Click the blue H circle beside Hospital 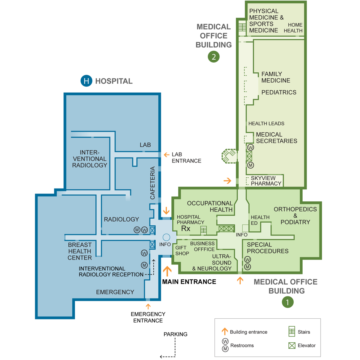87,81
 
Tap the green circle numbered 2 213,57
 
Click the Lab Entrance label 186,157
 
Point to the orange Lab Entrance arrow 166,154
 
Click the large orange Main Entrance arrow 167,271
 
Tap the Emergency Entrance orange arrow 148,307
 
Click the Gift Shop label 182,250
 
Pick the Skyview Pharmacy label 266,181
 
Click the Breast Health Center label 80,251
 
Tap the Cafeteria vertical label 153,183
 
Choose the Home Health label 293,28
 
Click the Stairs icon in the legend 291,332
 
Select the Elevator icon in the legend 291,345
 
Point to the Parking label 175,334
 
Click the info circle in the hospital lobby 166,237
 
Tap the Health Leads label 266,123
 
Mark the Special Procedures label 267,248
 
